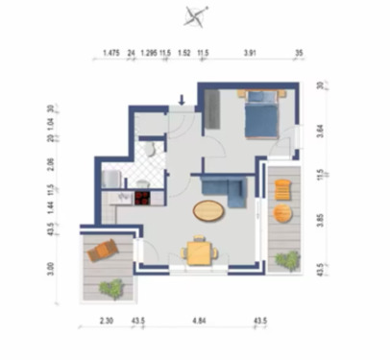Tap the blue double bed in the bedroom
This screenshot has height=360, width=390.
coord(260,116)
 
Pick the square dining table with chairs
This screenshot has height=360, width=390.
coord(200,252)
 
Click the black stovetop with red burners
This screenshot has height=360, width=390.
coord(141,200)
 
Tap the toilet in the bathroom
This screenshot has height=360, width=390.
coord(150,149)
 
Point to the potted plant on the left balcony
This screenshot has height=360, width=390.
coord(111,285)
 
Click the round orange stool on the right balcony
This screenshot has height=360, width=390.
coord(280,190)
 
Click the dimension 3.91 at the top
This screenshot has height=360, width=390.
coord(251,55)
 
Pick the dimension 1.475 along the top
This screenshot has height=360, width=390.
coord(110,55)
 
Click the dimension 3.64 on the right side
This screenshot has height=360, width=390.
coord(320,130)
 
